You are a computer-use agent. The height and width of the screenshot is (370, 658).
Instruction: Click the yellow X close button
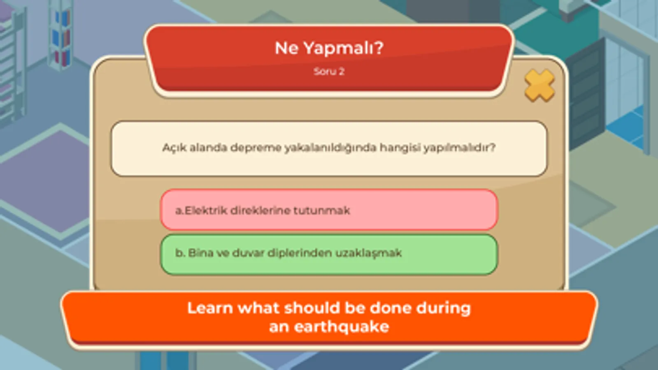coord(539,86)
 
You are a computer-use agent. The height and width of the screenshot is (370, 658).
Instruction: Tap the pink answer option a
coord(329,210)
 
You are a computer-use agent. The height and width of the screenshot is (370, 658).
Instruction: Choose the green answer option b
coord(329,254)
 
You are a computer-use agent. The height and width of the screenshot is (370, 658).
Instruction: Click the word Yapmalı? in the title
coord(343,49)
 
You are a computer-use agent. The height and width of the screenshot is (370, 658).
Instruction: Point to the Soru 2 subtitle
coord(329,71)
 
